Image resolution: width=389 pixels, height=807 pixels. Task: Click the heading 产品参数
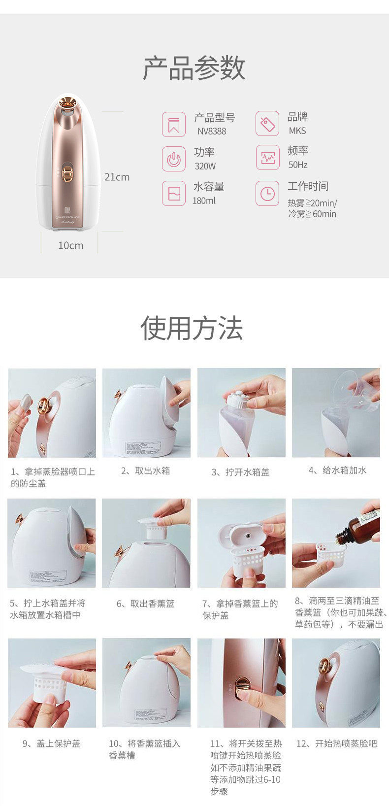[x=194, y=68]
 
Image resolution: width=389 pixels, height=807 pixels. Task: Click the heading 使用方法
[x=192, y=328]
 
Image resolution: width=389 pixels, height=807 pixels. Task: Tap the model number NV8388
[x=212, y=132]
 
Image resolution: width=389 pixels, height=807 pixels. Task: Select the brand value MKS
[x=297, y=131]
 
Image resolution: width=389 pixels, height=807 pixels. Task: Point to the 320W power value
[x=205, y=166]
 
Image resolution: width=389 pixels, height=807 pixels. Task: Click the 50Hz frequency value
[x=298, y=165]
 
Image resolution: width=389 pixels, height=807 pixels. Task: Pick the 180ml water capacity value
[x=204, y=201]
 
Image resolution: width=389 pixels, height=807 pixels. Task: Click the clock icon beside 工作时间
[x=267, y=193]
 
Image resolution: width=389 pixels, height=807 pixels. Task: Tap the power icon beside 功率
[x=174, y=159]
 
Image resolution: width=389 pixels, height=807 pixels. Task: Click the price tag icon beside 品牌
[x=267, y=124]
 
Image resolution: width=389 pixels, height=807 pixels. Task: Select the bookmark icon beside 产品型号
[x=174, y=124]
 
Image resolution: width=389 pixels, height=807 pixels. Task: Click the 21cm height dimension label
[x=117, y=177]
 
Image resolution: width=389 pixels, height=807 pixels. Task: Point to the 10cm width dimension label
[x=70, y=245]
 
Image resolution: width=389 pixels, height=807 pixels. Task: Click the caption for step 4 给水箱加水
[x=337, y=471]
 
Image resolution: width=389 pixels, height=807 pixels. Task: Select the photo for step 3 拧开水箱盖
[x=241, y=413]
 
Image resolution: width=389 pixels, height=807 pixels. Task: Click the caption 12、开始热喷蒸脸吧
[x=336, y=743]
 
